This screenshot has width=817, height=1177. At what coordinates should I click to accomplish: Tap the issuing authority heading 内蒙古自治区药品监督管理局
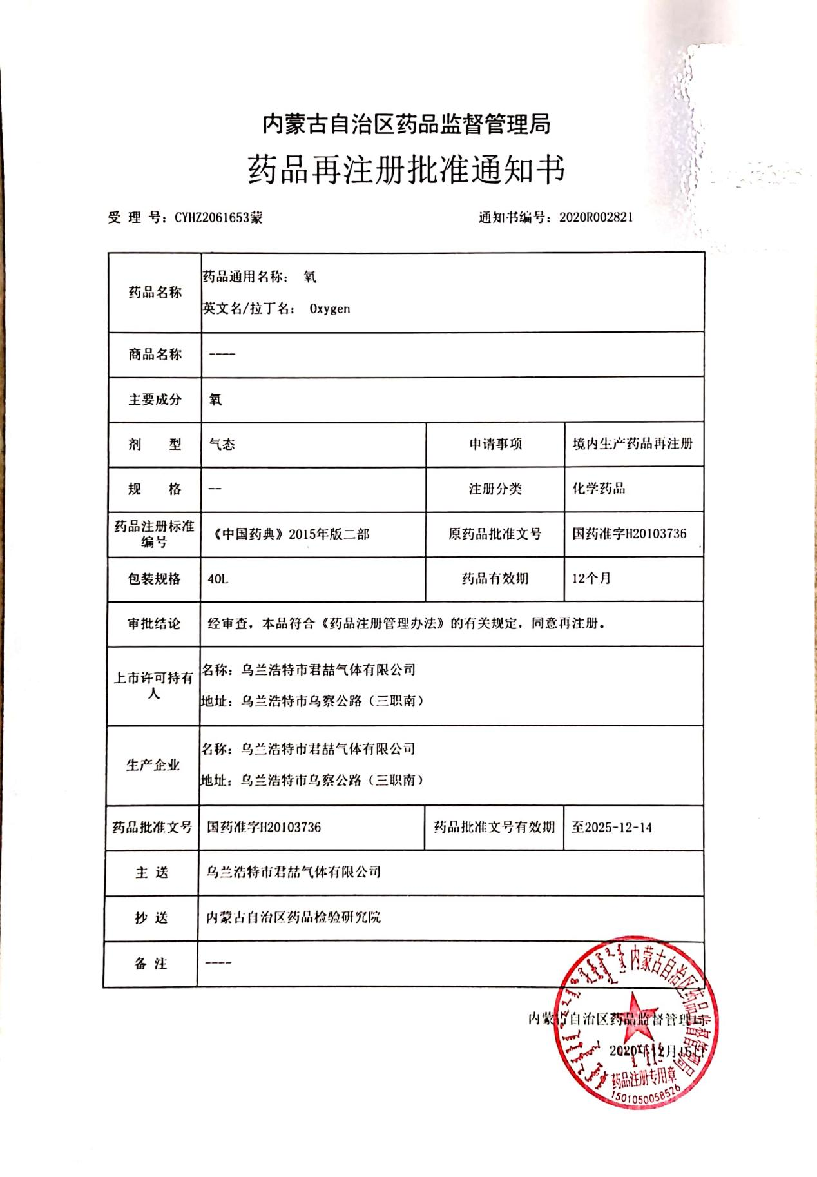coord(407,124)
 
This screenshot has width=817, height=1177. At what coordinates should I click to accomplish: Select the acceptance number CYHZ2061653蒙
coord(218,218)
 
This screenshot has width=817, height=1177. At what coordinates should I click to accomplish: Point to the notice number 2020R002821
coord(596,217)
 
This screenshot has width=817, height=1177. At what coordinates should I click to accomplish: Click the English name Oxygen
coord(330,309)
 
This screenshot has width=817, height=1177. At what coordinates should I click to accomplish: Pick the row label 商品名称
coord(155,355)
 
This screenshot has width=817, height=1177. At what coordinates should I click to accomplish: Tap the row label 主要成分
coord(155,400)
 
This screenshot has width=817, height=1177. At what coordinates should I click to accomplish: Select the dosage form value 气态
coord(222,444)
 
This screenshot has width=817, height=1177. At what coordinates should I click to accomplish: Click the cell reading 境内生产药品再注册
coord(633,443)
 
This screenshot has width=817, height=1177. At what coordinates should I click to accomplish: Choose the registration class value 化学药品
coord(599,489)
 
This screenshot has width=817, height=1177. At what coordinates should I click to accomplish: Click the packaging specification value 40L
coord(218,579)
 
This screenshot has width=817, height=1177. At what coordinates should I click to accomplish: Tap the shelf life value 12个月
coord(591,578)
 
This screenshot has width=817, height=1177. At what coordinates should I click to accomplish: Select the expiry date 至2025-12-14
coord(611,828)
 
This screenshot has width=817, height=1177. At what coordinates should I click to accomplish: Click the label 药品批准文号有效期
coord(494,827)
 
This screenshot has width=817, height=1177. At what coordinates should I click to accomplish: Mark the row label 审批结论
coord(154,623)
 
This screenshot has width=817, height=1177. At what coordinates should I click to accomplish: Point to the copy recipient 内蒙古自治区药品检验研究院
coord(293,917)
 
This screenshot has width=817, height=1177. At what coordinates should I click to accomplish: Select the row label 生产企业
coord(153,765)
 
